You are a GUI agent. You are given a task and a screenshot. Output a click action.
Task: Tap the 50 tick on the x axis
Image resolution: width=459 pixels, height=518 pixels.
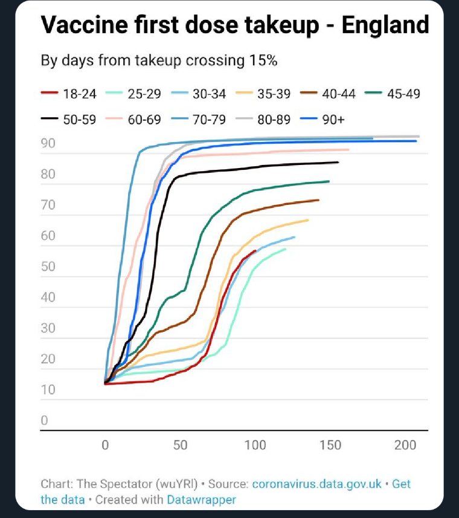pos(180,446)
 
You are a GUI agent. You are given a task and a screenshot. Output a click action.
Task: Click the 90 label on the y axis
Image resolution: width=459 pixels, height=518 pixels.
pos(48,144)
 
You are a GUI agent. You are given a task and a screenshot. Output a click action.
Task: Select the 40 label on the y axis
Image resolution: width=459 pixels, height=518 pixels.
pos(48,298)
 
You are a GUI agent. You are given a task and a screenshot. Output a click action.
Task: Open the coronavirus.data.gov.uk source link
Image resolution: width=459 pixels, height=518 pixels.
pos(316,485)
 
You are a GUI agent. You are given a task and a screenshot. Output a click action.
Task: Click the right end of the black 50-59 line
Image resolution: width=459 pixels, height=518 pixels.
pos(338,162)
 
